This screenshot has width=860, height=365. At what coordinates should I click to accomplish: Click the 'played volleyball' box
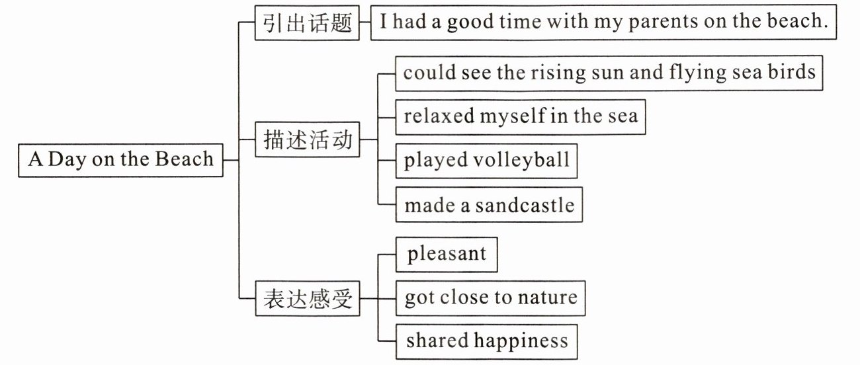tap(486, 161)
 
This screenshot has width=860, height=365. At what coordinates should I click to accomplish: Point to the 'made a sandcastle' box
tap(489, 205)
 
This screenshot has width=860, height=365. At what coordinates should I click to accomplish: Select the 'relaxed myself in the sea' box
tap(521, 117)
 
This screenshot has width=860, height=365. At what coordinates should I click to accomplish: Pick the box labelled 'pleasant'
tap(447, 255)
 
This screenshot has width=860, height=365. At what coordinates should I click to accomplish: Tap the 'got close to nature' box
tap(491, 298)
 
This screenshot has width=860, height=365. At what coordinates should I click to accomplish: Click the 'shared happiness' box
tap(486, 341)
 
